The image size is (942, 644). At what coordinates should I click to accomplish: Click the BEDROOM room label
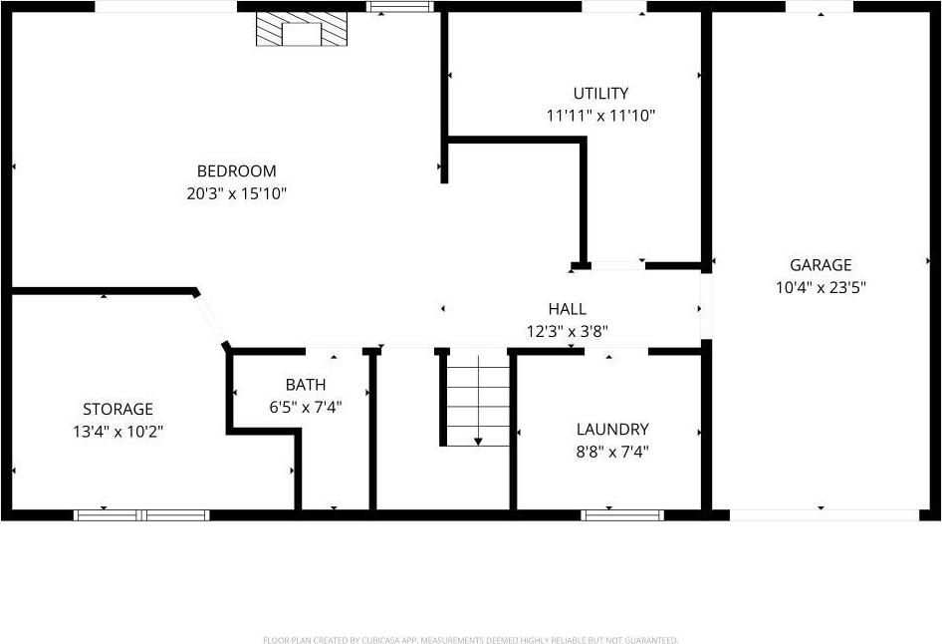tap(236, 171)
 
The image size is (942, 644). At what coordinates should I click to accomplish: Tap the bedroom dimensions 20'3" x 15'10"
tap(236, 193)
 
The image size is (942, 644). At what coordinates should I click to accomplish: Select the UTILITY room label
tap(600, 94)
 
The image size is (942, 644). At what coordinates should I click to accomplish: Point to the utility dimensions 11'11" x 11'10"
tap(600, 116)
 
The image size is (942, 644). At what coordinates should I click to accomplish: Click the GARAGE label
tap(821, 265)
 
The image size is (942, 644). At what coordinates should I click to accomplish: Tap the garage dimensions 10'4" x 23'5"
tap(821, 287)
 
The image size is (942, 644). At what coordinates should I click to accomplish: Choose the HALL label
tap(567, 309)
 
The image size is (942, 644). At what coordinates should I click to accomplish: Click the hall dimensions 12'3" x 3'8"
tap(567, 331)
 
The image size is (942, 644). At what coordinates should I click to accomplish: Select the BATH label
tap(305, 385)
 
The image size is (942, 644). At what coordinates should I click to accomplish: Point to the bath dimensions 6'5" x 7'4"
tap(305, 407)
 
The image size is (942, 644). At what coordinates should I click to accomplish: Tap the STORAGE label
tap(118, 409)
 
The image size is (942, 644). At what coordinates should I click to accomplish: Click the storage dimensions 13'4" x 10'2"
tap(118, 431)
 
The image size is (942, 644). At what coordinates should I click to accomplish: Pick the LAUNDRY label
tap(612, 430)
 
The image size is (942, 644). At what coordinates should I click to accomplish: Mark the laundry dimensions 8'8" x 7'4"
tap(612, 452)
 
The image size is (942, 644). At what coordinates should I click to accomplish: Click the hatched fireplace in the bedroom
tap(303, 30)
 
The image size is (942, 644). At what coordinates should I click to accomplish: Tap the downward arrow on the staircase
tap(478, 440)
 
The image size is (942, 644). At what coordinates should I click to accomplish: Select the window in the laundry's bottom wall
tap(622, 514)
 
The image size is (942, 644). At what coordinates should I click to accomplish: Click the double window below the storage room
tap(141, 514)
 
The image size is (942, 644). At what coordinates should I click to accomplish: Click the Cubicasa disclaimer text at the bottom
tap(470, 640)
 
